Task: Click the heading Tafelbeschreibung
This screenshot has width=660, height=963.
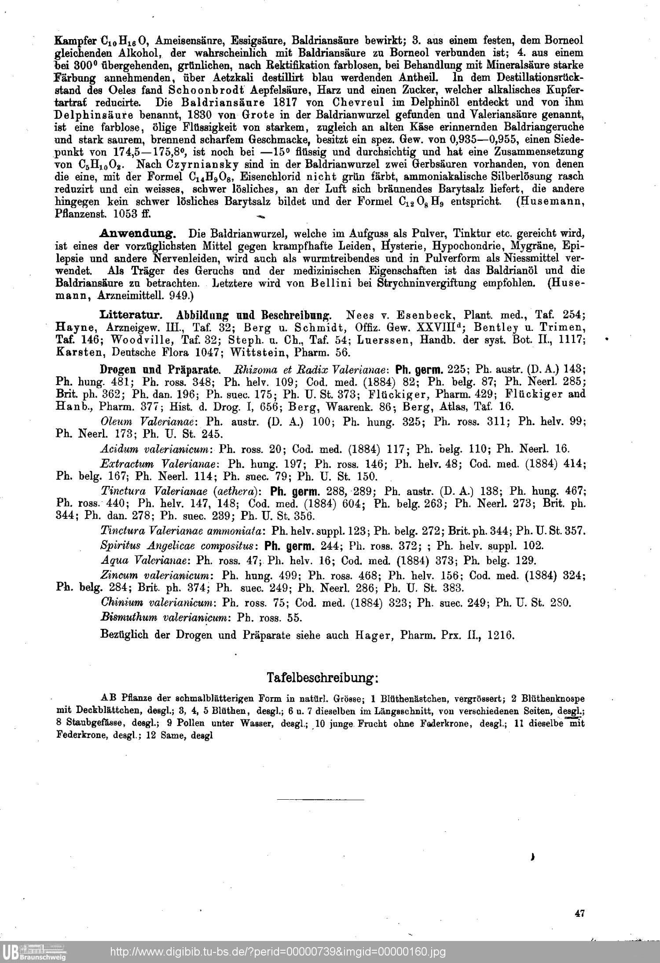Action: pyautogui.click(x=323, y=678)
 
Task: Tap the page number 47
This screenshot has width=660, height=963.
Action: pyautogui.click(x=579, y=913)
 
